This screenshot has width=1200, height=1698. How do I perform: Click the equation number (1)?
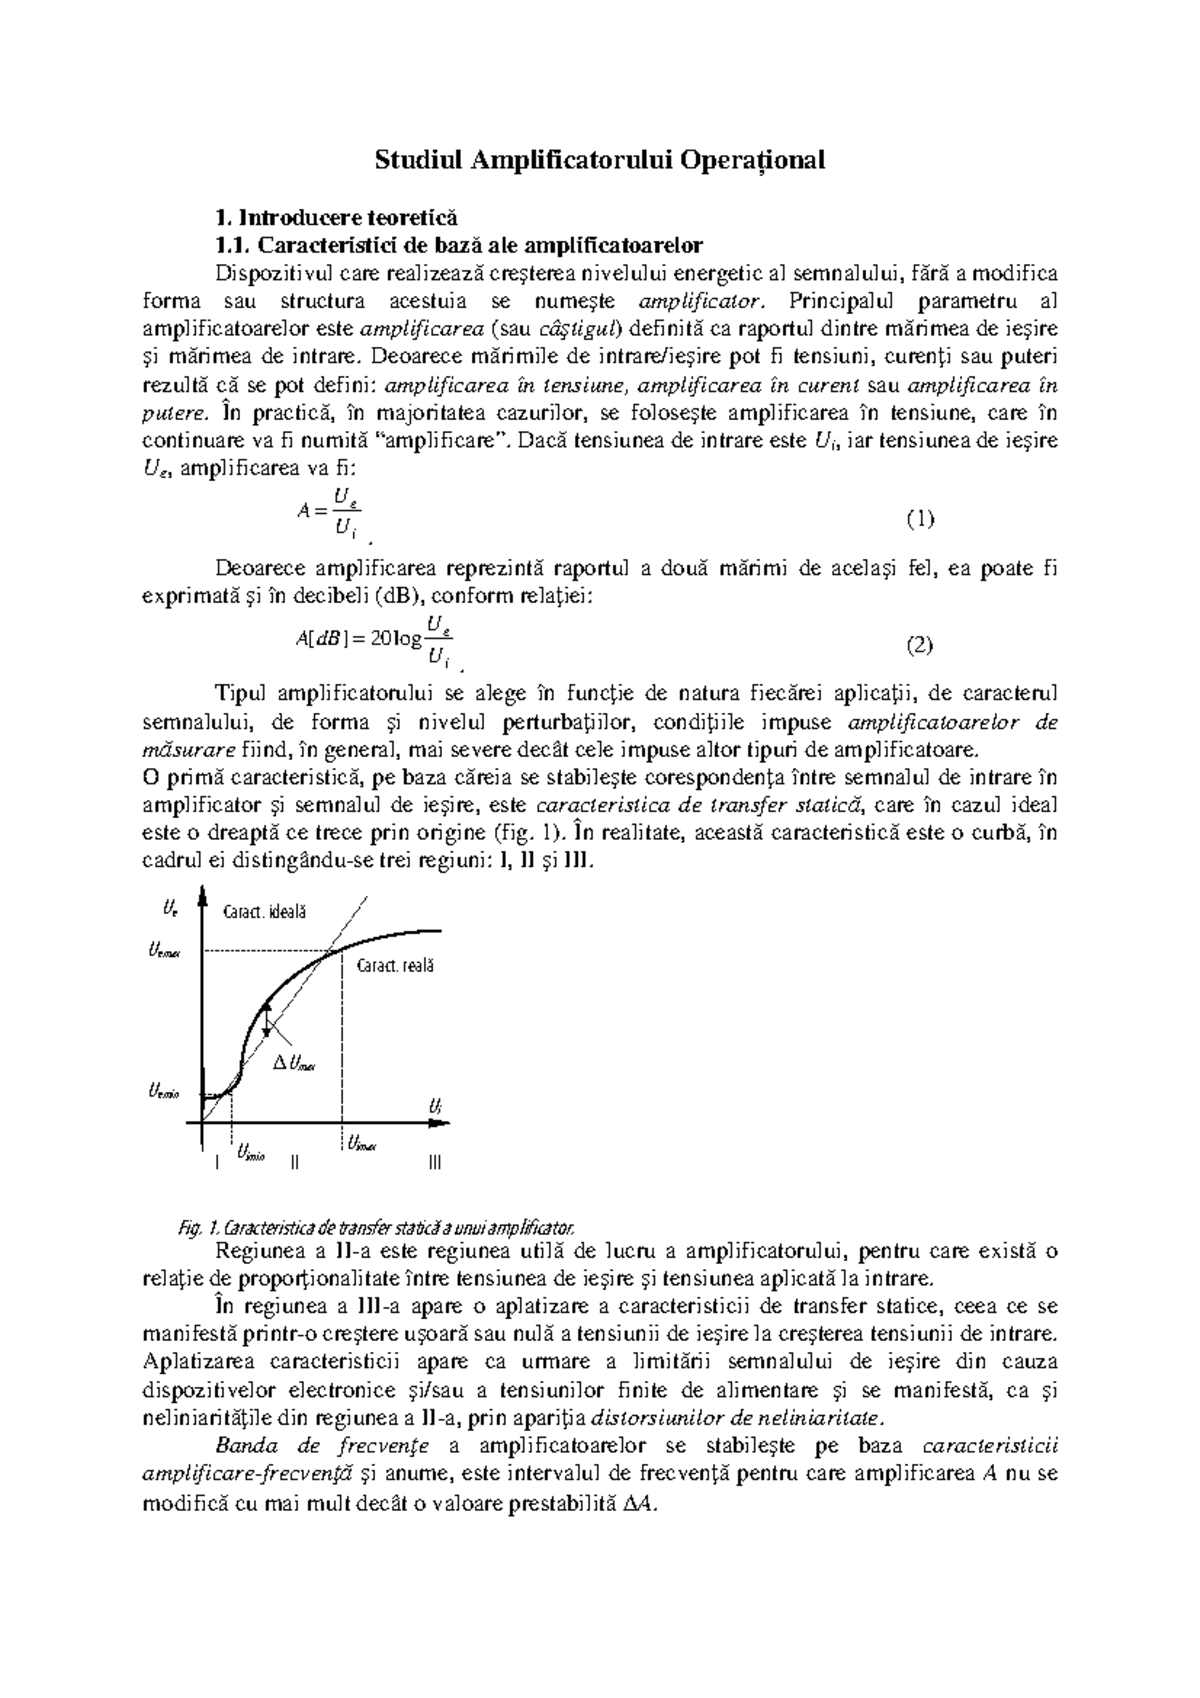coord(919,518)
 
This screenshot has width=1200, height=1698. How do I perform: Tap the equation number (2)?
coord(919,645)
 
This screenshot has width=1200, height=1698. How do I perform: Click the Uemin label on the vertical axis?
coord(163,1092)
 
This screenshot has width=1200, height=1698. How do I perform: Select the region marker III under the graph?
coord(433,1163)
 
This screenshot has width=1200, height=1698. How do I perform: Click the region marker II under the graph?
coord(294,1163)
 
